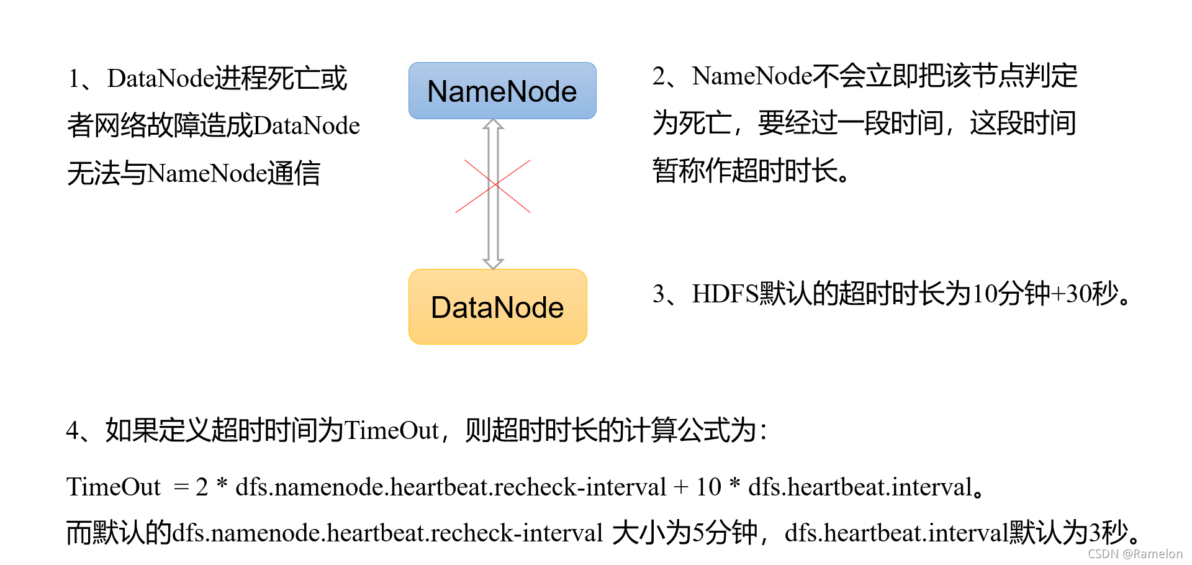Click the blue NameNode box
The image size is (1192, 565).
coord(502,91)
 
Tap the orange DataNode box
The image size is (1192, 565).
coord(497,307)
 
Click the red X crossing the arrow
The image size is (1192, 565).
coord(493,186)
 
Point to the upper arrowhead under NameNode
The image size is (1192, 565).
coord(493,125)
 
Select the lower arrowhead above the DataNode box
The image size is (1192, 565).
coord(493,263)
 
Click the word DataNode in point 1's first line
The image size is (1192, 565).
coord(161,79)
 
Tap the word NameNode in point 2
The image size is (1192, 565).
coord(752,76)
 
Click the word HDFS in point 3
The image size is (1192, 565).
coord(725,294)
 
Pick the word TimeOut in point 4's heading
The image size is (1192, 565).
coord(392,430)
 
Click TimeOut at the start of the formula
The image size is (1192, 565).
coord(114,487)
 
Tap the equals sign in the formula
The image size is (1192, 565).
coord(181,487)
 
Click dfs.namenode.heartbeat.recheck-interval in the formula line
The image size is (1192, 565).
coord(451,487)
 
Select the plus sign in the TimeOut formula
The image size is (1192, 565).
coord(681,487)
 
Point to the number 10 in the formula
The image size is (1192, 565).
coord(708,487)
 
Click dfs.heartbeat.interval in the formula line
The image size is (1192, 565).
coord(860,487)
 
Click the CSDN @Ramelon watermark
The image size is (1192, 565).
coord(1135,554)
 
